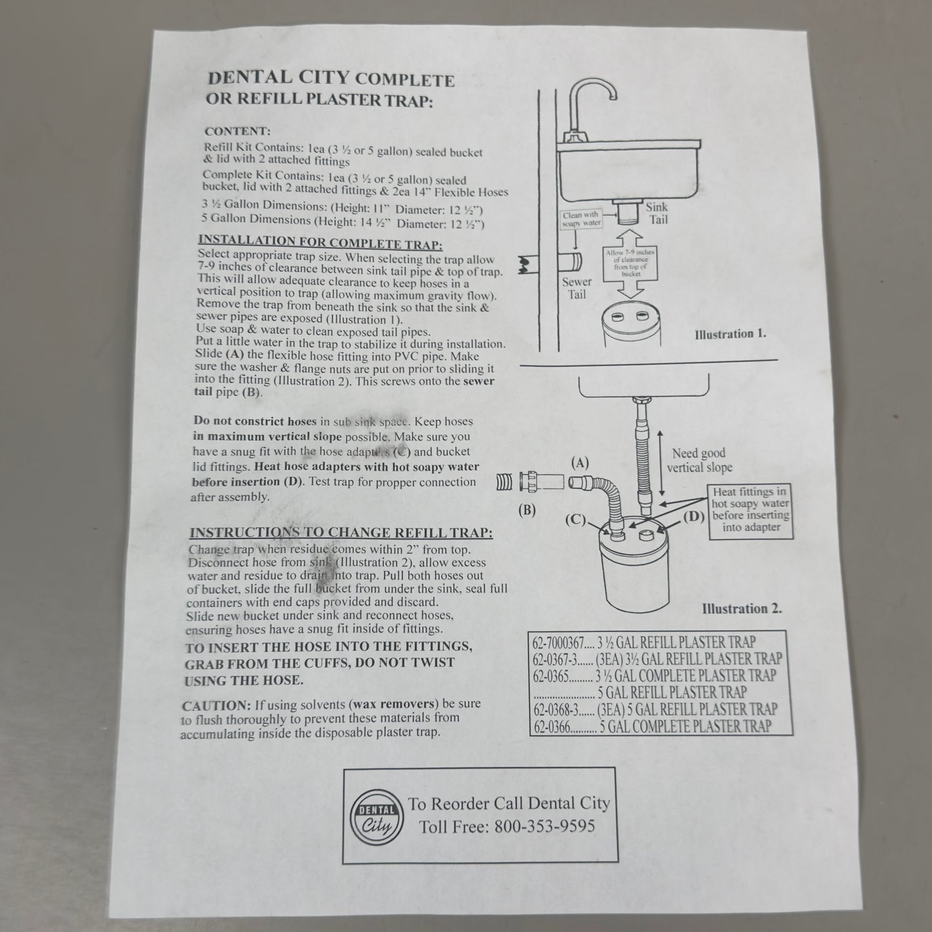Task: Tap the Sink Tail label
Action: [657, 213]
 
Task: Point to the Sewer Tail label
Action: [576, 288]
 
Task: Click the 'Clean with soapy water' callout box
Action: [582, 219]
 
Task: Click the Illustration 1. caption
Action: [730, 334]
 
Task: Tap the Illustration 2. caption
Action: [742, 608]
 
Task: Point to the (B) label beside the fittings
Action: [527, 510]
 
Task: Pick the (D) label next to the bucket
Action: [693, 517]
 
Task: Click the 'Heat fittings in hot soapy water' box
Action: [750, 509]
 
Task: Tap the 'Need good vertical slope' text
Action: [699, 460]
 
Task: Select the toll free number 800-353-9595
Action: [544, 826]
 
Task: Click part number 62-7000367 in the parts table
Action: [559, 642]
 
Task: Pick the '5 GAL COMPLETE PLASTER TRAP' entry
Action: [685, 726]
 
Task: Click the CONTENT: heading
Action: [237, 132]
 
